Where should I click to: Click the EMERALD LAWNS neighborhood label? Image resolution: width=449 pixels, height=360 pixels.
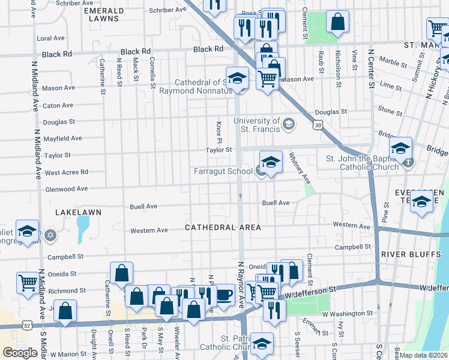(104, 15)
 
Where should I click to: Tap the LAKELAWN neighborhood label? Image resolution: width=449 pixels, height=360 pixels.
(78, 212)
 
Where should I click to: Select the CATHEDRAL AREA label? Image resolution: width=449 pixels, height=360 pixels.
(223, 227)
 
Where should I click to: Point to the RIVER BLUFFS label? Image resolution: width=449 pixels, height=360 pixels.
(406, 254)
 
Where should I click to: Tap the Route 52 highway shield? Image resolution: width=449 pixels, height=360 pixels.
(28, 325)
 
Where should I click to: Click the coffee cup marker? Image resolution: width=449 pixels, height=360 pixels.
(224, 294)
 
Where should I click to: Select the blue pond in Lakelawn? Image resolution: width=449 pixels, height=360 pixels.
(83, 229)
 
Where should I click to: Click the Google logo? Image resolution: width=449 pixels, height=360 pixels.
(20, 353)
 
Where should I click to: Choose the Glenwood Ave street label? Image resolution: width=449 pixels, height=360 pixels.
(66, 189)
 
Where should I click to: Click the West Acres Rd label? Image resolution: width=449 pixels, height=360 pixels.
(67, 172)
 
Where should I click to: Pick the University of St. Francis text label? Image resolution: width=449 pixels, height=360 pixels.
(259, 125)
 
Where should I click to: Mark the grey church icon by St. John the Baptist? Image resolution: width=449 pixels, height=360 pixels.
(408, 162)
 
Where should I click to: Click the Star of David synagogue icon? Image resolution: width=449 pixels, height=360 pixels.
(50, 234)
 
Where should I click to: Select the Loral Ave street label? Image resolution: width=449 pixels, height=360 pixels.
(50, 38)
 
